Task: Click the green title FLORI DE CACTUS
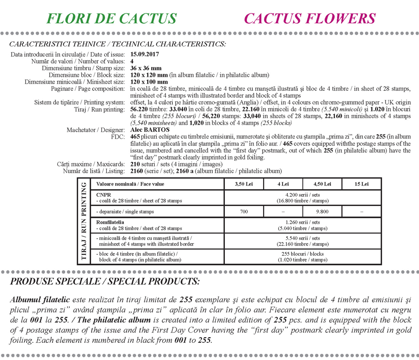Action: tap(112, 19)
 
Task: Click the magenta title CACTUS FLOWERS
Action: tap(310, 19)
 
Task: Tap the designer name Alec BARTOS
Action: tap(150, 130)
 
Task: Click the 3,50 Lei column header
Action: tap(244, 184)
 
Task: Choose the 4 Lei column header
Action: tap(283, 184)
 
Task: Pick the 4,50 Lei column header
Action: tap(322, 184)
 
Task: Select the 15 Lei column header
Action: tap(361, 184)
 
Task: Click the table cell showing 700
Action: tap(244, 212)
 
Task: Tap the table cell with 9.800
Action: tap(322, 212)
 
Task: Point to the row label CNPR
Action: tap(103, 195)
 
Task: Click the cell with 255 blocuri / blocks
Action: tap(303, 254)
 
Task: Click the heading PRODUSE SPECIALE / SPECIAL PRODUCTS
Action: tap(105, 281)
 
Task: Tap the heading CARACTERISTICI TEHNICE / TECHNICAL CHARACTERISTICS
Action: tap(117, 44)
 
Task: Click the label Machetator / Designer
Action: tap(96, 130)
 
